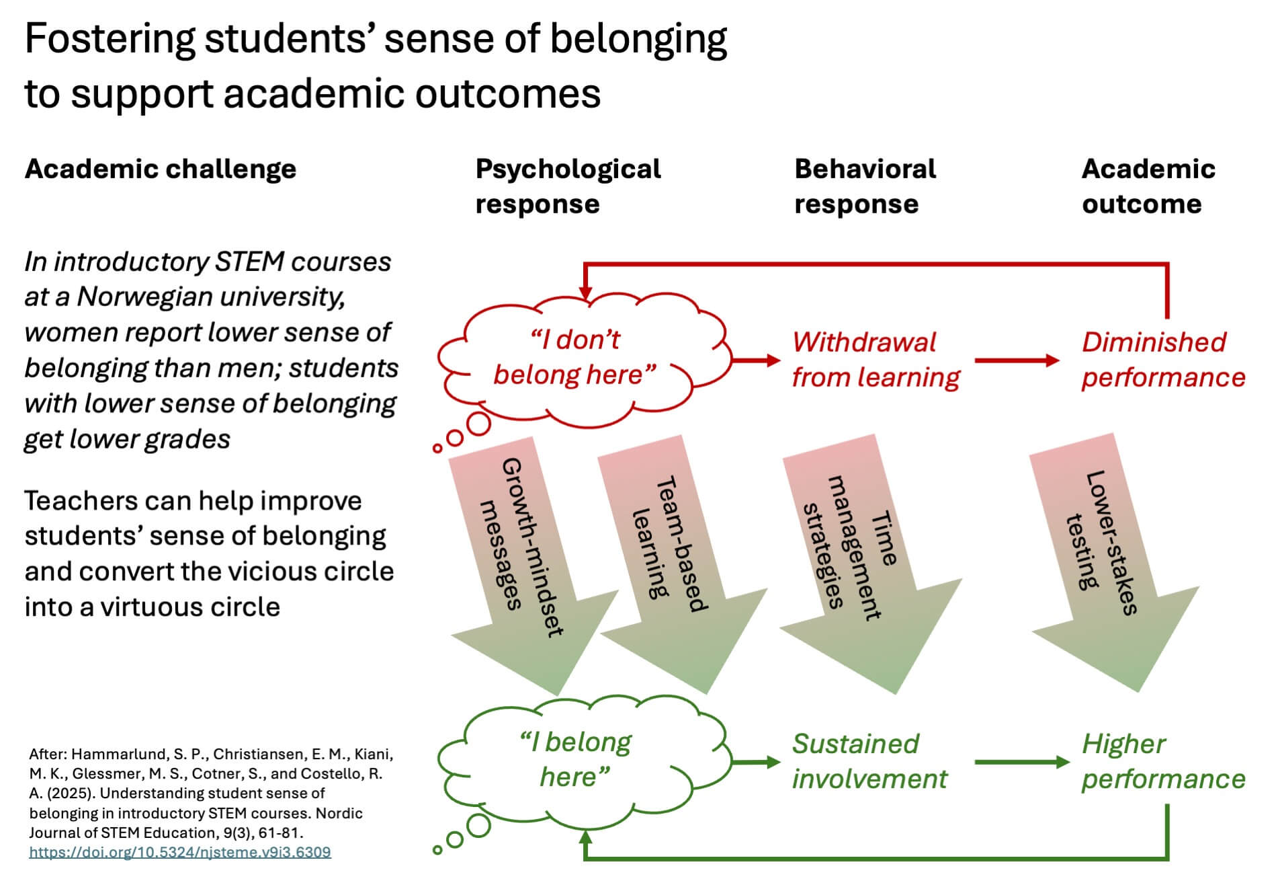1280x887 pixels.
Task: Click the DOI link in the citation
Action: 179,852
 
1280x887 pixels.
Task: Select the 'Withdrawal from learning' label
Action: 876,360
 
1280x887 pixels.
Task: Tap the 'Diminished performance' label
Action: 1162,360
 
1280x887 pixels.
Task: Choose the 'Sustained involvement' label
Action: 869,761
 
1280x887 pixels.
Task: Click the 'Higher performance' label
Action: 1162,761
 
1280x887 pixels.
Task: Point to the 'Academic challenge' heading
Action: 160,169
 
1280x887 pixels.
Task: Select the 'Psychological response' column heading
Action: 568,186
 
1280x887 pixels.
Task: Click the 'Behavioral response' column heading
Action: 865,186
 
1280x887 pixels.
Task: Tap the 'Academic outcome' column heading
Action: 1148,186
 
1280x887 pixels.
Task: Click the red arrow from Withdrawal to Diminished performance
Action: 1016,360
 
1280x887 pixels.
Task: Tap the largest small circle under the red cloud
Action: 478,424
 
